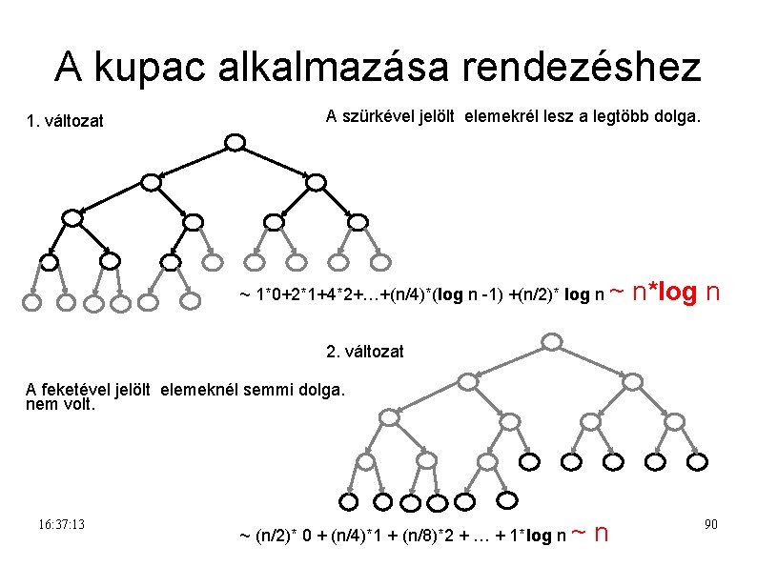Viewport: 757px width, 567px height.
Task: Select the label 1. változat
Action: pos(66,121)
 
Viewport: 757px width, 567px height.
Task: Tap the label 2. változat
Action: pos(365,352)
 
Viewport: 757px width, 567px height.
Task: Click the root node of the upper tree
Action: pos(235,143)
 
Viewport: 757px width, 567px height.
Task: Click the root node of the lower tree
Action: pos(551,341)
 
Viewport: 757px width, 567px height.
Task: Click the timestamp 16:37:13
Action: pos(63,525)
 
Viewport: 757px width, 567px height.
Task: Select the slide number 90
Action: pos(710,525)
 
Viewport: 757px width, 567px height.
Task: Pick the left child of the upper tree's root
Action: pos(151,181)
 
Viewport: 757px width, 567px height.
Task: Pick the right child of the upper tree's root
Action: pos(316,181)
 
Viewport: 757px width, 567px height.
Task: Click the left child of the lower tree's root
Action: pos(467,380)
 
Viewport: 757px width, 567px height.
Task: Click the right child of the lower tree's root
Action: pos(633,380)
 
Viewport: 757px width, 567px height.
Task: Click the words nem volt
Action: pos(61,404)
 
